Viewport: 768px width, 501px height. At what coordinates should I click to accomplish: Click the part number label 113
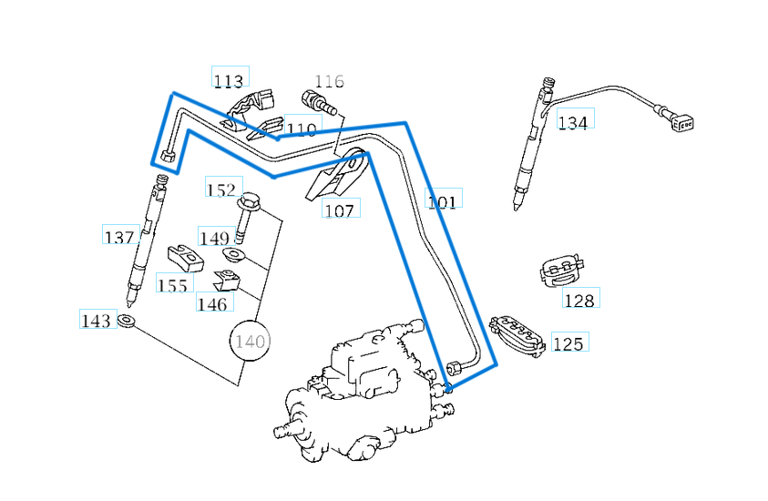click(229, 80)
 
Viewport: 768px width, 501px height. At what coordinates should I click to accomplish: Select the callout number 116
click(329, 81)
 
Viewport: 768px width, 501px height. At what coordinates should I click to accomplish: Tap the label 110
click(302, 129)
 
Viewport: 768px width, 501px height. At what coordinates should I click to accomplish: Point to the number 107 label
click(339, 210)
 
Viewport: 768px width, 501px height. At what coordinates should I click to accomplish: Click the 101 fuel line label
click(442, 200)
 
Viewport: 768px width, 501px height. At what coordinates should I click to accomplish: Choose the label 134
click(573, 122)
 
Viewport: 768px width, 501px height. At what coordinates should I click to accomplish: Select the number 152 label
click(221, 189)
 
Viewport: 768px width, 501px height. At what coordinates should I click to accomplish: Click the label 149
click(214, 238)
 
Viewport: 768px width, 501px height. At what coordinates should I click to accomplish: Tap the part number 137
click(119, 237)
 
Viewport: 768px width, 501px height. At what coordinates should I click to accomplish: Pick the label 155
click(172, 285)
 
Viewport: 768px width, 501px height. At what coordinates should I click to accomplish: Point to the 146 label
click(212, 303)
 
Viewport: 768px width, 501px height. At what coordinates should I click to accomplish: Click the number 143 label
click(97, 321)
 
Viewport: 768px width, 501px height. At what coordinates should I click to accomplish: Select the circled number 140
click(250, 342)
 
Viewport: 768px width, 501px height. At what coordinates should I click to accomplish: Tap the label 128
click(579, 300)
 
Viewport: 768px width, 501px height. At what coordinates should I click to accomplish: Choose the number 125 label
click(568, 343)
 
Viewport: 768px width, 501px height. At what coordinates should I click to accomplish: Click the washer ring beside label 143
click(127, 321)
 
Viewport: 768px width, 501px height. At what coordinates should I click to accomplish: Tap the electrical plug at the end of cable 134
click(682, 121)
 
